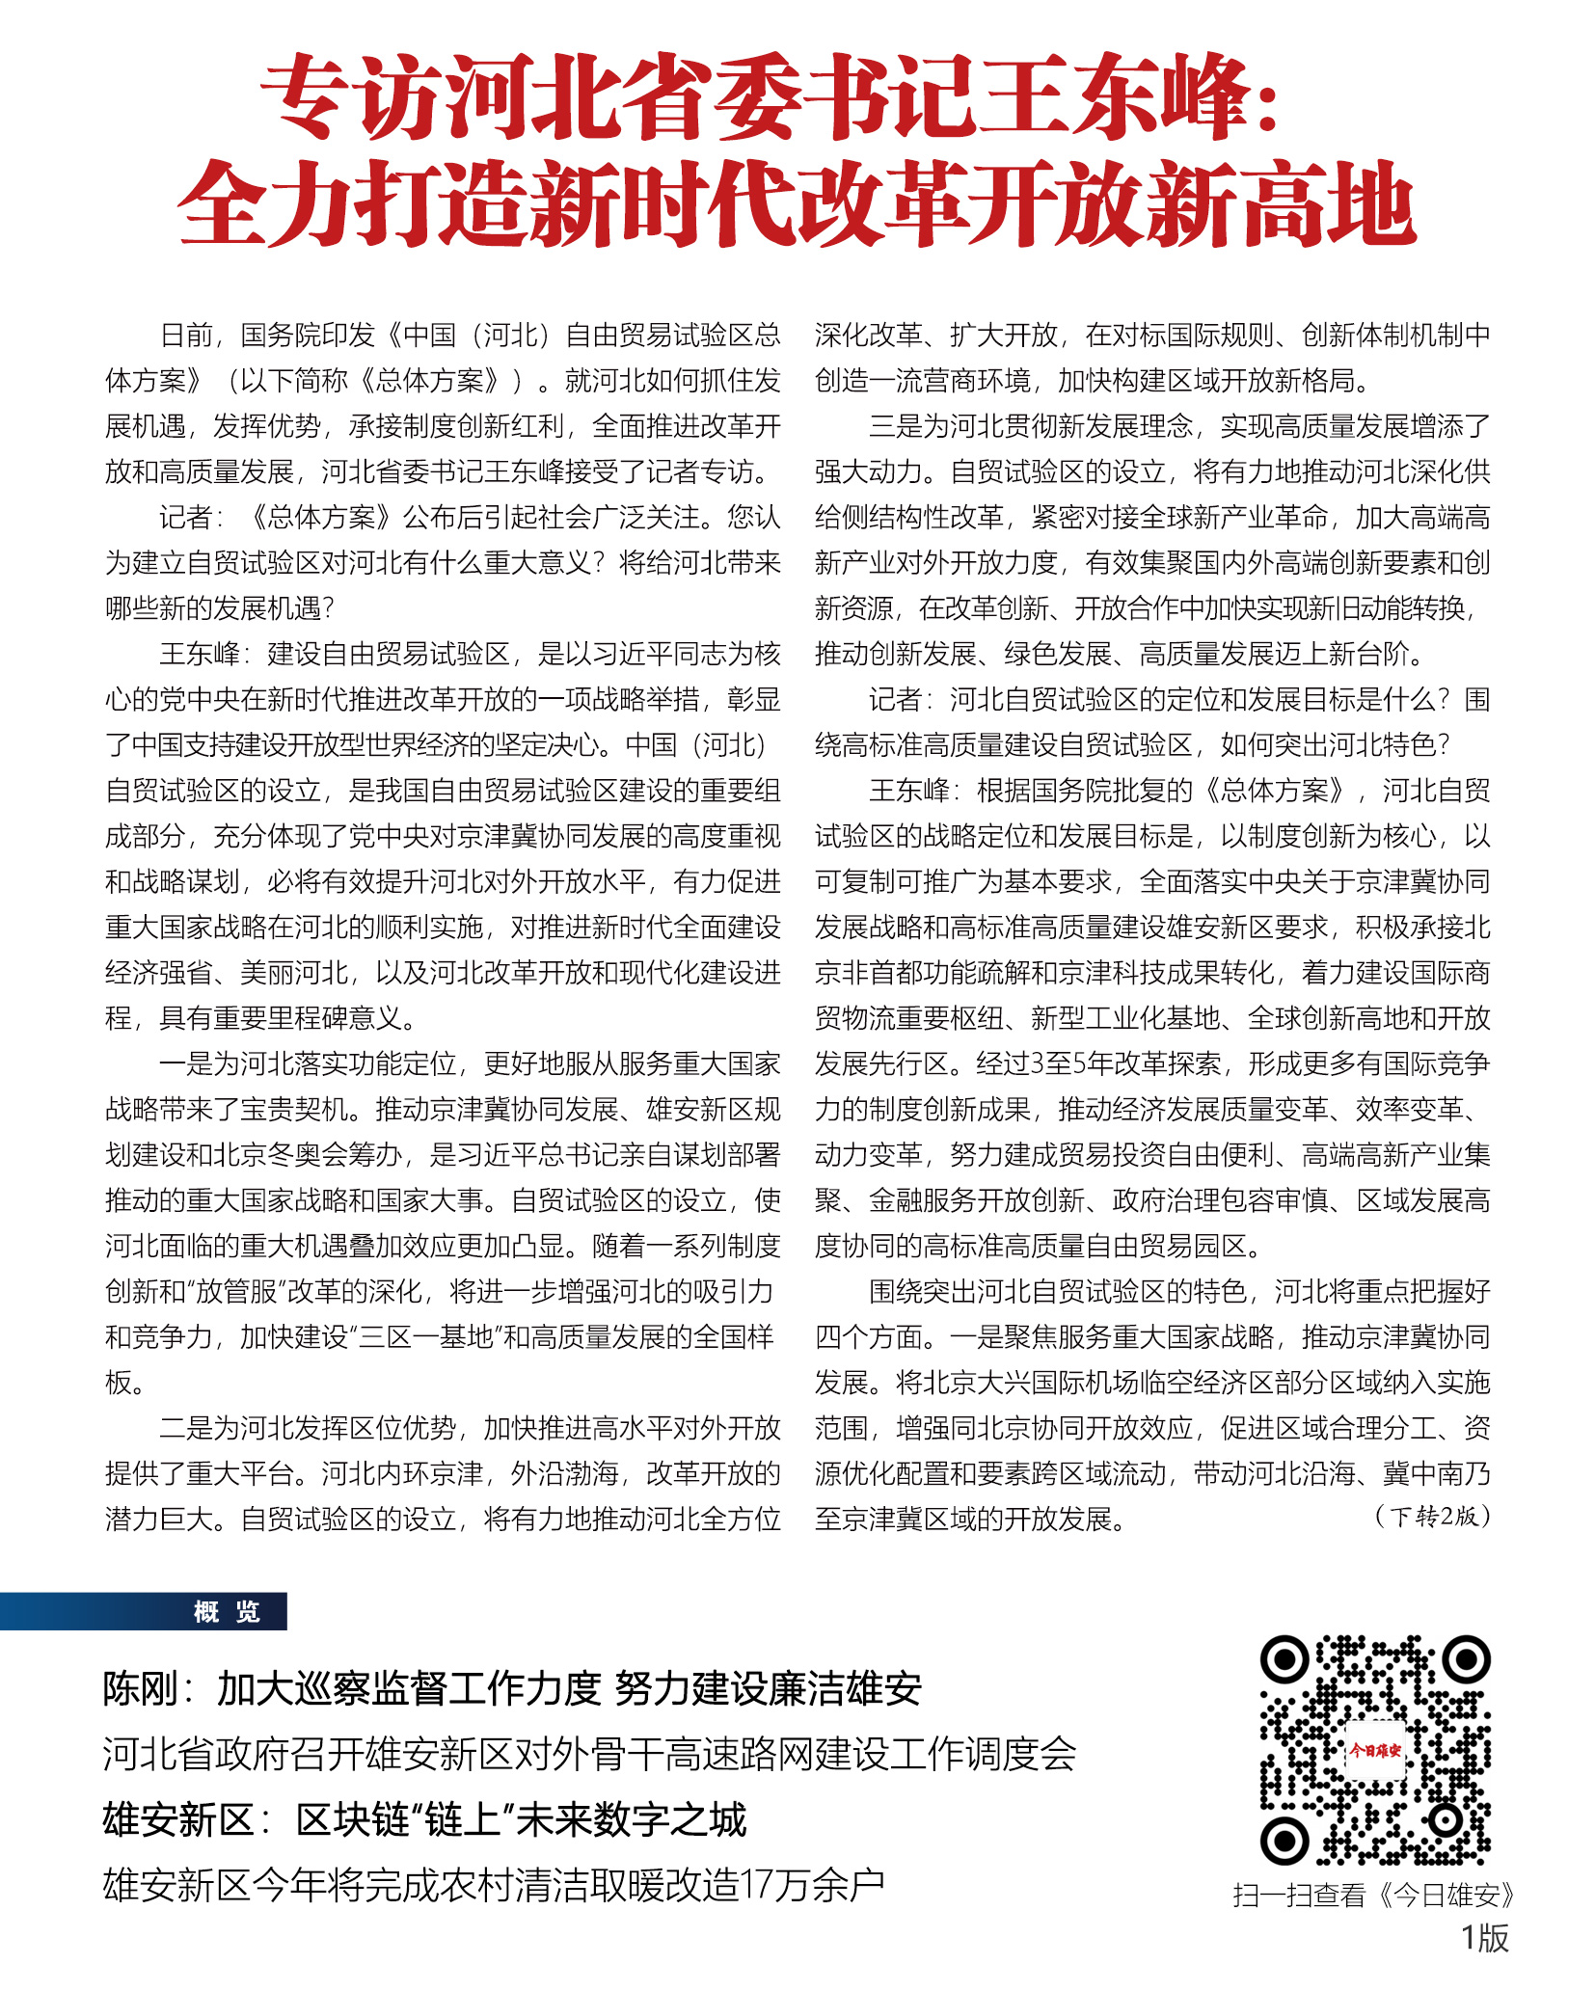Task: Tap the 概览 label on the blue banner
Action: [226, 1611]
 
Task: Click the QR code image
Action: [1374, 1750]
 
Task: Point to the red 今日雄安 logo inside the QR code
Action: [1374, 1750]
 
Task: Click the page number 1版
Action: [1484, 1938]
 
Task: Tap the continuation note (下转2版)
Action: [1432, 1516]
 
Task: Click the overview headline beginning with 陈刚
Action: [512, 1688]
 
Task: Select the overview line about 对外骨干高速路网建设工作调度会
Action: [589, 1754]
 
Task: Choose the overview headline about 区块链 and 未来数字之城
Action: [424, 1819]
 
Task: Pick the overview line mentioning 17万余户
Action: [493, 1884]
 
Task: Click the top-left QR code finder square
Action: [1285, 1660]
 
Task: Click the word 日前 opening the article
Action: [185, 335]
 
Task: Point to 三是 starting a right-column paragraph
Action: [896, 425]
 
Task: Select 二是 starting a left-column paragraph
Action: [186, 1428]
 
